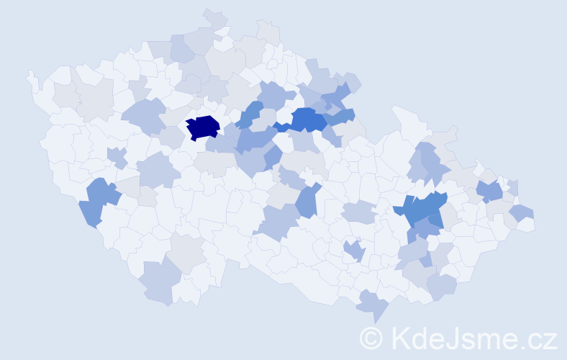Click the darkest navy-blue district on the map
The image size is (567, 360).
[203, 127]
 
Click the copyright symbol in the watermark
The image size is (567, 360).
[371, 338]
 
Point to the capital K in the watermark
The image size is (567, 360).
[401, 338]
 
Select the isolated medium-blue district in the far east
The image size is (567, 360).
[490, 191]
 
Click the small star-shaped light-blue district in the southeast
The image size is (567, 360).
[354, 251]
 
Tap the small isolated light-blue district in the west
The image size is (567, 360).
[117, 157]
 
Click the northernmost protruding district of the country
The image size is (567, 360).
[214, 18]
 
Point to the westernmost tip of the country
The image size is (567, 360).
[30, 75]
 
